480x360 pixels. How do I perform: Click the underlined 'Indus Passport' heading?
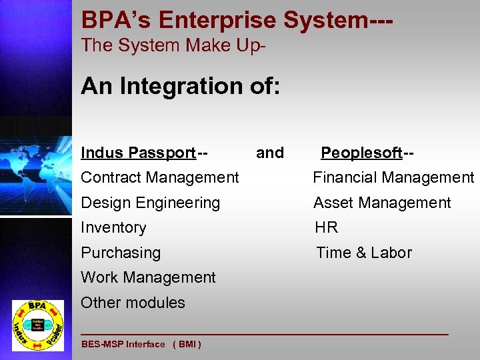[138, 153]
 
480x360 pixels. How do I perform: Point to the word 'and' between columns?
[270, 153]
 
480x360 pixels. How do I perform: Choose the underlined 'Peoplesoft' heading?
[361, 153]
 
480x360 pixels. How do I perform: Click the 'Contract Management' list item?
[159, 177]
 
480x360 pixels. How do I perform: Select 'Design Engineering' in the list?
[150, 203]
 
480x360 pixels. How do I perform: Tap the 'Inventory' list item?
[113, 227]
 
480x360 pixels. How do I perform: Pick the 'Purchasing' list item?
[121, 253]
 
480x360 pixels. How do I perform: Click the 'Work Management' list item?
[148, 277]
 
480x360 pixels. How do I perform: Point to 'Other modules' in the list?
[133, 303]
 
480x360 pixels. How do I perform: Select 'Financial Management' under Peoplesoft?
[393, 177]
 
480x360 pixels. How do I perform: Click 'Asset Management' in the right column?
[382, 203]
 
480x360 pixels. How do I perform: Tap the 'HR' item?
[327, 227]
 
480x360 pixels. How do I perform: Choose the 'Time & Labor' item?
[364, 253]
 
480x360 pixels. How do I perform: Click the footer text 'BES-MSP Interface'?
[123, 345]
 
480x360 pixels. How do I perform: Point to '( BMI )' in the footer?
[187, 345]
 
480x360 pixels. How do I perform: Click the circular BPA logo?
[37, 325]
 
